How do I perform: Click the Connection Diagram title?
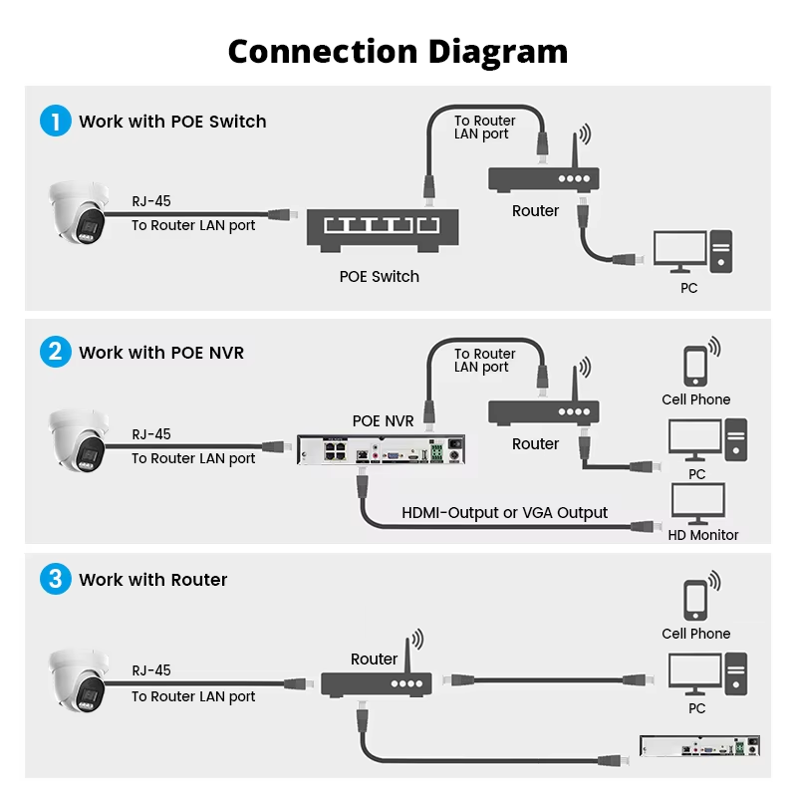(x=398, y=52)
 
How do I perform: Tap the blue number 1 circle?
(x=56, y=121)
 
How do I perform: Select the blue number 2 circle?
(x=56, y=352)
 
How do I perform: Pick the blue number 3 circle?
(x=56, y=579)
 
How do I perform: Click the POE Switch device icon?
(x=383, y=230)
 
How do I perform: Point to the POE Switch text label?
(x=380, y=277)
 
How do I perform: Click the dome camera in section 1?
(x=79, y=212)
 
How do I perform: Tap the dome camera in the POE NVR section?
(x=79, y=440)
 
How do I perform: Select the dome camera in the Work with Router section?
(x=79, y=680)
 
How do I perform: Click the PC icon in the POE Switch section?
(x=693, y=252)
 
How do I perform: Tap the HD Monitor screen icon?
(x=698, y=504)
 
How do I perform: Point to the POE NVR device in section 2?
(x=381, y=449)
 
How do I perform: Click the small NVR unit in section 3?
(x=699, y=746)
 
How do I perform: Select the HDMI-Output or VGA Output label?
(x=505, y=513)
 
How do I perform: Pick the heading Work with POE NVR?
(x=161, y=353)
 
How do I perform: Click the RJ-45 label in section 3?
(x=151, y=670)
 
